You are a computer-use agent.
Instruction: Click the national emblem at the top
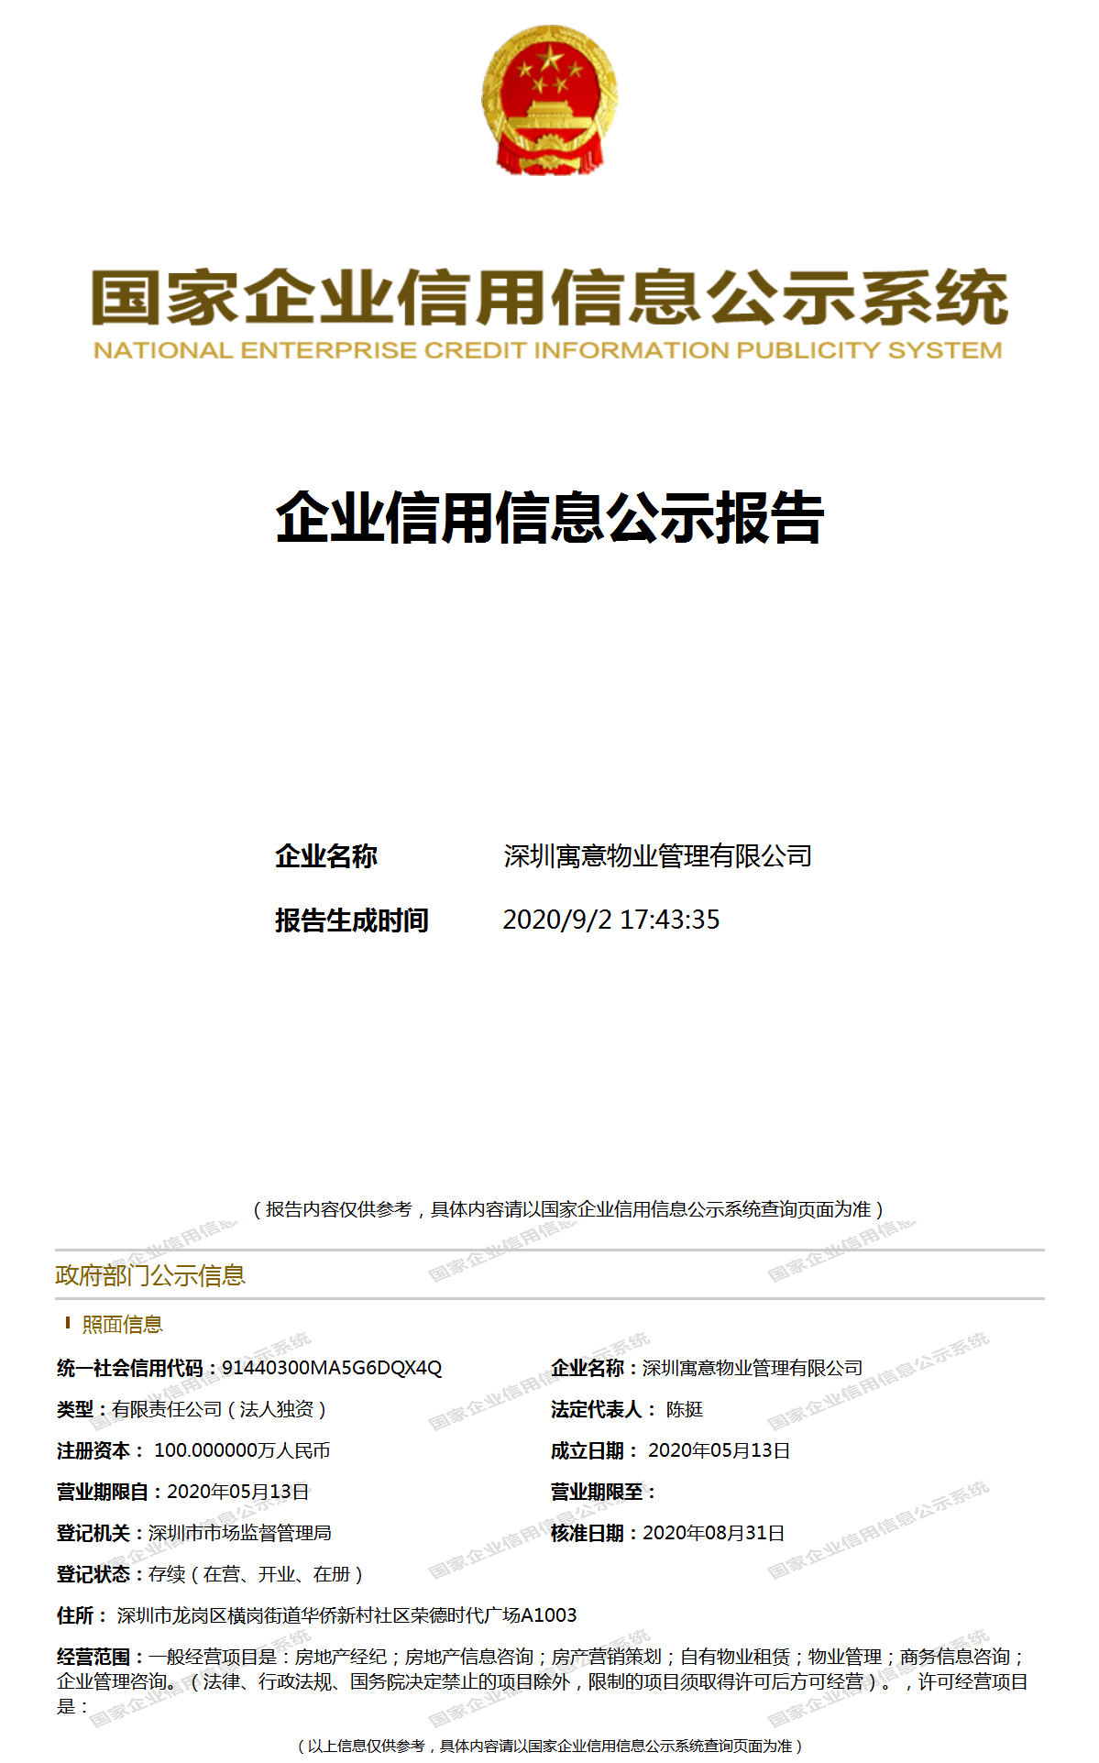pyautogui.click(x=549, y=100)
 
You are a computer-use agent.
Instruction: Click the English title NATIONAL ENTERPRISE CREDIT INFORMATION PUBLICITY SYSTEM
pyautogui.click(x=548, y=350)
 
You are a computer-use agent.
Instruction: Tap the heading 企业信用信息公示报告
pyautogui.click(x=549, y=518)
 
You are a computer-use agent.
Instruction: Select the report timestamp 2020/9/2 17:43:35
pyautogui.click(x=611, y=920)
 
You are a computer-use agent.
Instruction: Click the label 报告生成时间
pyautogui.click(x=352, y=920)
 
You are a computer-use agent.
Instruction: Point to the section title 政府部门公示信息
pyautogui.click(x=150, y=1275)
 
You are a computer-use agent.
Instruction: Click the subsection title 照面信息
pyautogui.click(x=122, y=1324)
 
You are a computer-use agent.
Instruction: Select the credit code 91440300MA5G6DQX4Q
pyautogui.click(x=332, y=1368)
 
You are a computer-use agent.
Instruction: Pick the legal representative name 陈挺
pyautogui.click(x=685, y=1409)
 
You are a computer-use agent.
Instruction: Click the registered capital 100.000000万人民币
pyautogui.click(x=242, y=1450)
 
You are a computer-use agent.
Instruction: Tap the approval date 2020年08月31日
pyautogui.click(x=714, y=1533)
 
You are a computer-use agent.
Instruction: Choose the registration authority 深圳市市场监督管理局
pyautogui.click(x=240, y=1533)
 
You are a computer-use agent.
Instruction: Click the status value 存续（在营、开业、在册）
pyautogui.click(x=257, y=1574)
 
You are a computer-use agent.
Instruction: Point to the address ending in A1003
pyautogui.click(x=346, y=1615)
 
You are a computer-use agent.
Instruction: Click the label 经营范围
pyautogui.click(x=93, y=1657)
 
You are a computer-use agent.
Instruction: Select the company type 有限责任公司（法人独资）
pyautogui.click(x=220, y=1409)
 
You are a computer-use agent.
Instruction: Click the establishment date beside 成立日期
pyautogui.click(x=720, y=1450)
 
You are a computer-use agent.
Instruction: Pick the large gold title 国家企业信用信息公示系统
pyautogui.click(x=549, y=298)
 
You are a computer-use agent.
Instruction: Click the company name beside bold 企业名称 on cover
pyautogui.click(x=657, y=856)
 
